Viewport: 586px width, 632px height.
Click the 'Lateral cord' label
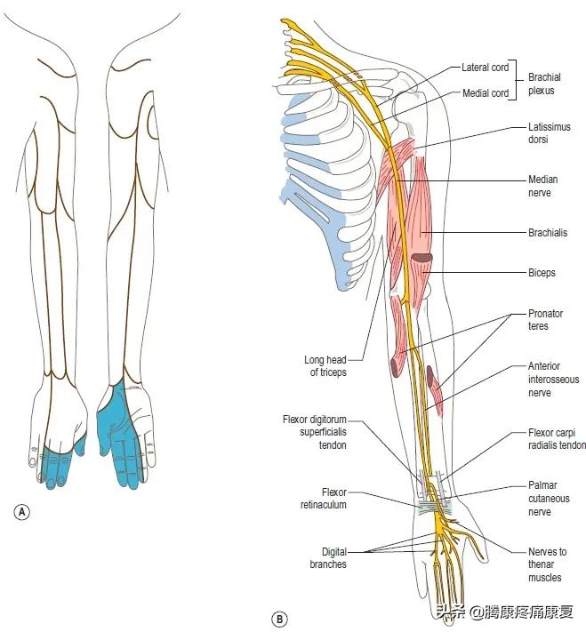pyautogui.click(x=485, y=68)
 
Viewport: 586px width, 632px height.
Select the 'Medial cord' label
pyautogui.click(x=486, y=93)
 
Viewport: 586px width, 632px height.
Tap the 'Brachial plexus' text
pyautogui.click(x=544, y=84)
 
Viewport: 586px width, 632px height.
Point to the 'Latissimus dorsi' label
pyautogui.click(x=549, y=133)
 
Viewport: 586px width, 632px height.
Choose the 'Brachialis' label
pyautogui.click(x=549, y=233)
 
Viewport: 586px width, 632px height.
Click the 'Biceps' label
pyautogui.click(x=542, y=273)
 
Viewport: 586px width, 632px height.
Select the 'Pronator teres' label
pyautogui.click(x=545, y=320)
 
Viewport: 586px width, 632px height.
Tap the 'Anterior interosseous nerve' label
pyautogui.click(x=553, y=380)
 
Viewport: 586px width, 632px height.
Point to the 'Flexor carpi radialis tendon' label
pyautogui.click(x=557, y=440)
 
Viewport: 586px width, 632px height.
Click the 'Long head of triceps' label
pyautogui.click(x=325, y=366)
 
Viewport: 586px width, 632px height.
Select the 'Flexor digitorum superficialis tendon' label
pyautogui.click(x=315, y=432)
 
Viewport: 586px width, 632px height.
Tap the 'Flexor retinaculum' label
pyautogui.click(x=322, y=498)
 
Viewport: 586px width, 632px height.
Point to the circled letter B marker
pyautogui.click(x=279, y=619)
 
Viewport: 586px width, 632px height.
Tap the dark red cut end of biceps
pyautogui.click(x=421, y=259)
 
